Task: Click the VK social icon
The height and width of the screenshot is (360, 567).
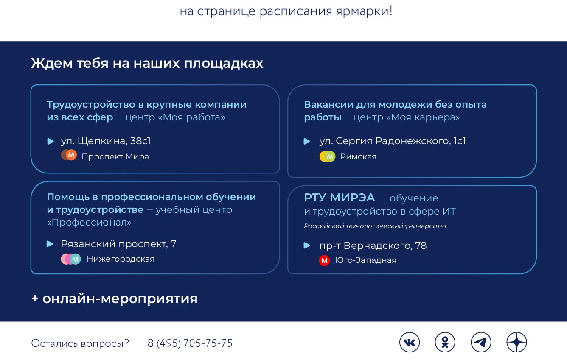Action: coord(409,342)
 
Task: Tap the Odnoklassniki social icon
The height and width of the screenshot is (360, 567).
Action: coord(445,342)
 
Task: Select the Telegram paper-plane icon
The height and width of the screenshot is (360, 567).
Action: coord(481,342)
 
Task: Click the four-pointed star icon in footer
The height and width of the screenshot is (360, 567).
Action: coord(516,342)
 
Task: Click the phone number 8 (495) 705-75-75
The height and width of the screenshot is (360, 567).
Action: coord(190,343)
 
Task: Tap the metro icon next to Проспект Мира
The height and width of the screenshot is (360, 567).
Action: coord(69,155)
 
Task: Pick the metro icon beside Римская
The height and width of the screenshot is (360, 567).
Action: coord(327,156)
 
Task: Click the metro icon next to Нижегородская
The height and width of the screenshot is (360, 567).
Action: coord(71,259)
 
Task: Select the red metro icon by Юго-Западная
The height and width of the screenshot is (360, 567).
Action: coord(324,260)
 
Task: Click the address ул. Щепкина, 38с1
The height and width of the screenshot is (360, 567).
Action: coord(106,141)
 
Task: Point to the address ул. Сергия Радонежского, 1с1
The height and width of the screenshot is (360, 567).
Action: coord(393,141)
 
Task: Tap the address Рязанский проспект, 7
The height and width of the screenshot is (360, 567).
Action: coord(118,244)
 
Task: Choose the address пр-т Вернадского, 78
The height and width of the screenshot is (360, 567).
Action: coord(373,246)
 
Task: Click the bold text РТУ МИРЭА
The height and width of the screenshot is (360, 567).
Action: coord(340,197)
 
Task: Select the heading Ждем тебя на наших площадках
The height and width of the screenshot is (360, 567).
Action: coord(147,63)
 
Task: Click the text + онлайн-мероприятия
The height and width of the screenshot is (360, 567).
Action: coord(115,299)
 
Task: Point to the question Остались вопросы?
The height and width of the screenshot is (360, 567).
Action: coord(80,343)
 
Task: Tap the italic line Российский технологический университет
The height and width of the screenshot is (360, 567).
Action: coord(376,226)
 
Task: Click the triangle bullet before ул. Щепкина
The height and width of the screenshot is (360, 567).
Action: coord(51,141)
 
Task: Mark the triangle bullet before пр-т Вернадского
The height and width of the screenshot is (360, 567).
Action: coord(307,246)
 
